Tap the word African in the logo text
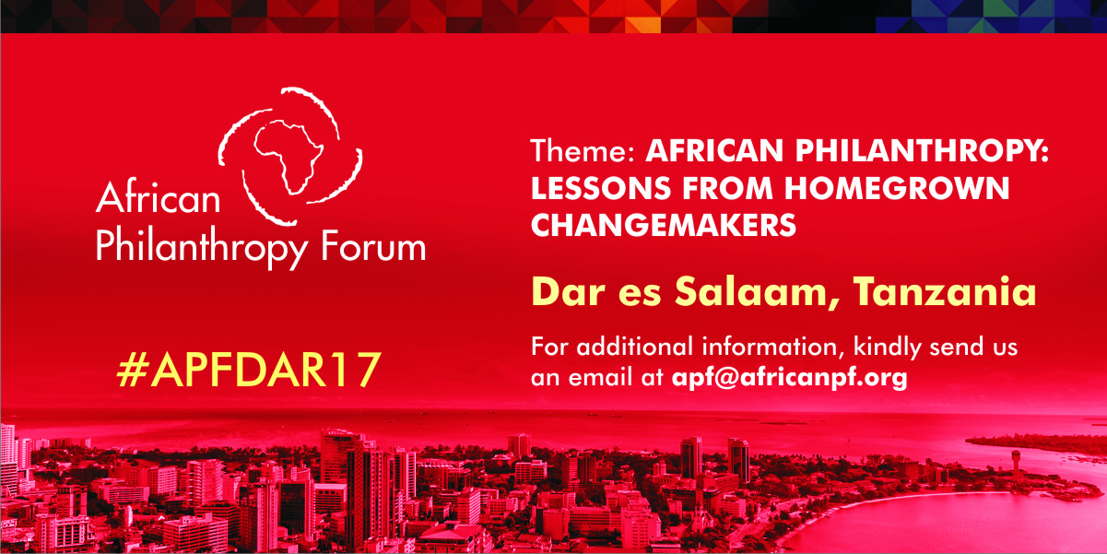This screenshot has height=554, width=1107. click(x=159, y=196)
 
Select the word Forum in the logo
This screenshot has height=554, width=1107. click(x=373, y=245)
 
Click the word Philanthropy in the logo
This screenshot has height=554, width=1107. click(x=202, y=249)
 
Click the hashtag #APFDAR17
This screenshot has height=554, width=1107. click(x=249, y=370)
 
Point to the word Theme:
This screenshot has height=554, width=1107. click(x=583, y=150)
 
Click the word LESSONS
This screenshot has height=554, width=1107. click(x=601, y=188)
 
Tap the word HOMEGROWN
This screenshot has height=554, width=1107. click(x=897, y=188)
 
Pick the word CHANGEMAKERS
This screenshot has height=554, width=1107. click(x=664, y=225)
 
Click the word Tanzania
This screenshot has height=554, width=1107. click(x=945, y=291)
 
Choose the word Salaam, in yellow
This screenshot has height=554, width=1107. click(x=758, y=292)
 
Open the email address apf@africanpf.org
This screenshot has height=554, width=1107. click(x=790, y=378)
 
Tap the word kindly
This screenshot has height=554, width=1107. click(x=888, y=348)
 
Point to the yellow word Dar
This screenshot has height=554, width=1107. click(x=569, y=291)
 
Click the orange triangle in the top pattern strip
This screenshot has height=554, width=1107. click(x=643, y=25)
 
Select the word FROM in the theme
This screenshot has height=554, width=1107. click(x=728, y=188)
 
